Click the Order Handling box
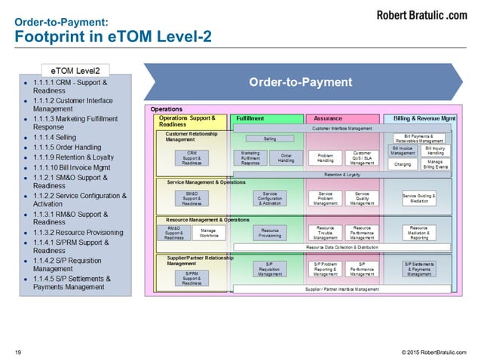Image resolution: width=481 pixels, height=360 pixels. point(286,157)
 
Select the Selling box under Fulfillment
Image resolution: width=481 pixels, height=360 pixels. point(269,139)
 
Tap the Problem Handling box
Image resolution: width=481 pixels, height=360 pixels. point(326,157)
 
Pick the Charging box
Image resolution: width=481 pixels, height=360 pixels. point(403,163)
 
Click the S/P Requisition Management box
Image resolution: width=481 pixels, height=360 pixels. point(269,268)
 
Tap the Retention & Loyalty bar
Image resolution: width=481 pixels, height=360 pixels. point(343,174)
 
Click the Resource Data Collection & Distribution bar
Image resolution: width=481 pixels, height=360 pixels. point(343,247)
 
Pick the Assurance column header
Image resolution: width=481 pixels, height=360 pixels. point(328,119)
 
